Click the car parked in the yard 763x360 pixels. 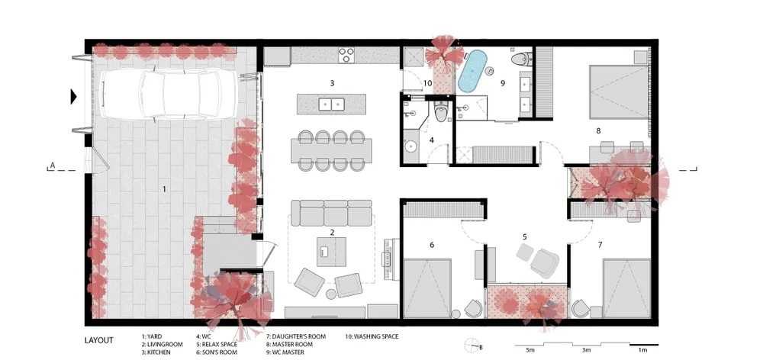169,93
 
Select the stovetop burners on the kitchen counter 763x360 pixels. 346,54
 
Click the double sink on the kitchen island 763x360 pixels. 332,104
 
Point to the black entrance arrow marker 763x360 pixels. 73,96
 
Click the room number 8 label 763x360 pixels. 598,130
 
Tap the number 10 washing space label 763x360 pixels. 427,83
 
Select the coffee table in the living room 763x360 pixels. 331,252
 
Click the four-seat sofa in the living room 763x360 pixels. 331,213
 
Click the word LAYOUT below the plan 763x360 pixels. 98,340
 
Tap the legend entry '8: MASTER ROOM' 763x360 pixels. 290,345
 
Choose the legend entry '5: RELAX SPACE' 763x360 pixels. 217,345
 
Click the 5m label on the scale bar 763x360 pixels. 530,350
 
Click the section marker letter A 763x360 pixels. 53,166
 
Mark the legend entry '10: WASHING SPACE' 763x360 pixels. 372,336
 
